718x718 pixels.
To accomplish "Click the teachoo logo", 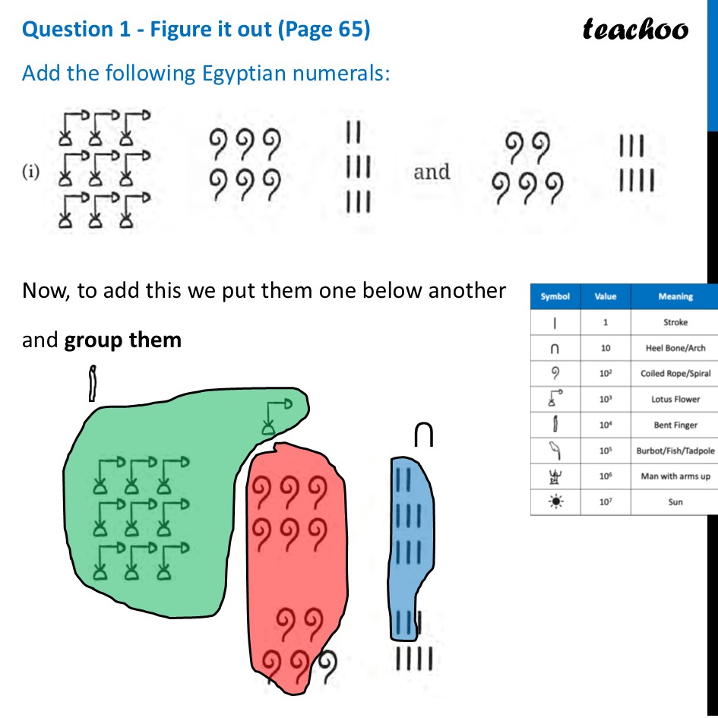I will coord(635,29).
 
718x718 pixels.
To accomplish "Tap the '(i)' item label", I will coord(31,172).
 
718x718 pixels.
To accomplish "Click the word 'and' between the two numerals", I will coord(432,172).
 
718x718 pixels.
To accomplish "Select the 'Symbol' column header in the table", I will coord(555,296).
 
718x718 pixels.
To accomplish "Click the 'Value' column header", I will coord(606,296).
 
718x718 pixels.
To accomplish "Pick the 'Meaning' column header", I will coord(675,296).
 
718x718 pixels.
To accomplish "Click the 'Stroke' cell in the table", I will coord(675,322).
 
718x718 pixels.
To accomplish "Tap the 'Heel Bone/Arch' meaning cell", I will coord(675,348).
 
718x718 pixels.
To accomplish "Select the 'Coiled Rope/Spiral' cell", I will coord(675,374).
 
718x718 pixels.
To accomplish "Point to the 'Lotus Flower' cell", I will coord(675,400).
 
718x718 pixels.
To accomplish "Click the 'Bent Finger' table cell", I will coord(675,425).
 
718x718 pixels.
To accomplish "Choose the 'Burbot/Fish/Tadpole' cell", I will coord(675,451).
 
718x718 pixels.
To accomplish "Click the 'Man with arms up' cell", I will coord(675,476).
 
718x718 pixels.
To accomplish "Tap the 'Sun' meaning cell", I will coord(675,502).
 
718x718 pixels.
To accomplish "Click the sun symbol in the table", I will coord(555,502).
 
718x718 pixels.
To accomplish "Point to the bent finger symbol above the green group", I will coord(93,384).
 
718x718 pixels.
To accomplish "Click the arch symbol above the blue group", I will coord(424,435).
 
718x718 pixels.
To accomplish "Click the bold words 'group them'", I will coord(123,340).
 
